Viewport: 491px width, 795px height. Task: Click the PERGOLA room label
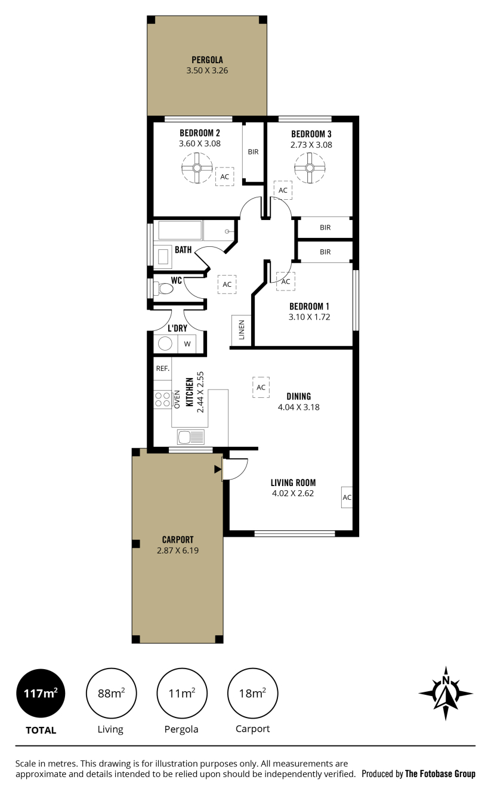(x=208, y=60)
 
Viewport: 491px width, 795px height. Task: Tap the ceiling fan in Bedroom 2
(x=197, y=168)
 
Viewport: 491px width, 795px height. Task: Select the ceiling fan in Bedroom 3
(x=310, y=168)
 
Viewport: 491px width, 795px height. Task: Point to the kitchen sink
(x=191, y=437)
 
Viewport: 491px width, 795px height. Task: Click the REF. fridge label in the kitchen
(x=163, y=369)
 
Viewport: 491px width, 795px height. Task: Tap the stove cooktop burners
(x=163, y=399)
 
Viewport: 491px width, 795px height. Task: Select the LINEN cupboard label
(x=242, y=330)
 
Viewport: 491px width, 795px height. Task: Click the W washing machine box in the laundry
(x=187, y=344)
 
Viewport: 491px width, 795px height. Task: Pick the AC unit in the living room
(x=347, y=497)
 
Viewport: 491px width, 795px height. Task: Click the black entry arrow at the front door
(x=218, y=469)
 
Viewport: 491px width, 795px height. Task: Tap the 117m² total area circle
(x=41, y=693)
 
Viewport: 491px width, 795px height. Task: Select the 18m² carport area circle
(x=252, y=693)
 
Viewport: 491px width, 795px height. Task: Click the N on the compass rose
(x=446, y=680)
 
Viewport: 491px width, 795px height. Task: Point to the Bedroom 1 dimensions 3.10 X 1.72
(x=309, y=317)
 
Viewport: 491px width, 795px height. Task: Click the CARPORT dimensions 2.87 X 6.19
(x=178, y=550)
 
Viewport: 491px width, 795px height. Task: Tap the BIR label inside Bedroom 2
(x=253, y=152)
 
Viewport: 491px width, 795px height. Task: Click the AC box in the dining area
(x=261, y=387)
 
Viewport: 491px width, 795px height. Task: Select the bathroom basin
(x=163, y=256)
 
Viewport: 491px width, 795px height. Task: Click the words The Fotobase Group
(x=440, y=774)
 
